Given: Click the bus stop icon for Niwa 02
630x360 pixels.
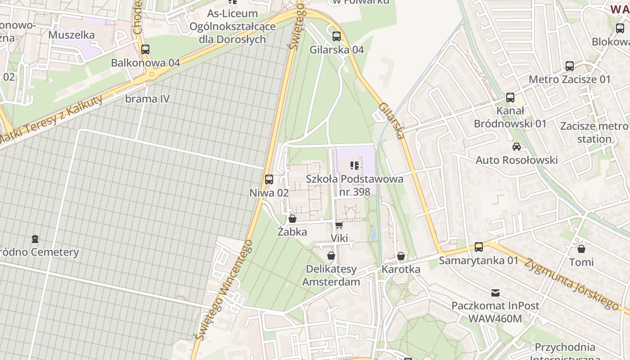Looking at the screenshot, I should point(269,179).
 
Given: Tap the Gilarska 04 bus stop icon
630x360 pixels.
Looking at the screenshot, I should point(337,36).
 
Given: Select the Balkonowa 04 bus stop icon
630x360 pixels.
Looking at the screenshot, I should point(145,49).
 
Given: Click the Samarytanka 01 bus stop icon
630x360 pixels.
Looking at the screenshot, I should point(479,247).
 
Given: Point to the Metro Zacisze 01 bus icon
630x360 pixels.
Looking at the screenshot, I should point(570,66).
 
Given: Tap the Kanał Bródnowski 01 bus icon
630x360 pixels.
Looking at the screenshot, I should point(510,97).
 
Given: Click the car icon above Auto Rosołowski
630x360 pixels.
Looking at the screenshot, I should point(517,147).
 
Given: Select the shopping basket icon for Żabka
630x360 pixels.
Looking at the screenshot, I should point(292,219).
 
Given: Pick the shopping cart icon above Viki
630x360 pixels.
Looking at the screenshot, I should point(339,225).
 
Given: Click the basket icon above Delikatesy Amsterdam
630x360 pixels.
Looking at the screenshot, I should point(331,256).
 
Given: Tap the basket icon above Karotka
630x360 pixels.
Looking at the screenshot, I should point(401,256).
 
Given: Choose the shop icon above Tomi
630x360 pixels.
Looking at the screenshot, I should point(581,248).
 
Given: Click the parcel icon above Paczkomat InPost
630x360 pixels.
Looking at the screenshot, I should point(495,292).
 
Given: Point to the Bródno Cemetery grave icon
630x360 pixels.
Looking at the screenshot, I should point(35,238).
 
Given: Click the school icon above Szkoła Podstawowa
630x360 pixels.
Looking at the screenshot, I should point(355,166).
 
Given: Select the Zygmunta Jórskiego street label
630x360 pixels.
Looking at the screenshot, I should point(571,284).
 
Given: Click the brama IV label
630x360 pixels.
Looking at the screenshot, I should point(148,99).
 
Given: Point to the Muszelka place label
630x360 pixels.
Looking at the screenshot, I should point(72,35).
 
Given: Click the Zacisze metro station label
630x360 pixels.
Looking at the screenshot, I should point(594,132).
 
